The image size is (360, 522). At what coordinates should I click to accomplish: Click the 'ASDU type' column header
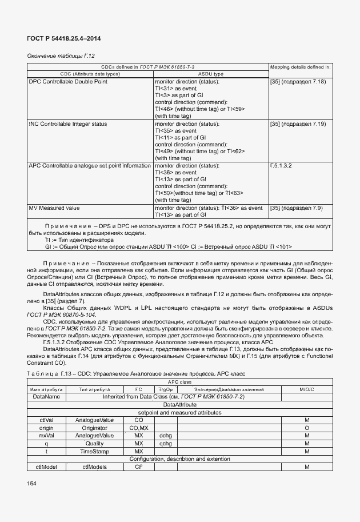coord(210,74)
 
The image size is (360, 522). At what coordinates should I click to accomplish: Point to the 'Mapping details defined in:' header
coord(300,67)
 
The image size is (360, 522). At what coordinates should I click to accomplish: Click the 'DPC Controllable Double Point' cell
coord(68,82)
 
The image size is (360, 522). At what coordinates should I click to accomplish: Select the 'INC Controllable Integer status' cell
coord(67,123)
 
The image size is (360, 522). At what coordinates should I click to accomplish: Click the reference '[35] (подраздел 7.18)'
coord(298,82)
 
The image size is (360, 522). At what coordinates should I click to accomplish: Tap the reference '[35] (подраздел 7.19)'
coord(298,123)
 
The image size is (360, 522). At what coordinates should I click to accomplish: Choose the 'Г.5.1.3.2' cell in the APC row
coord(281,165)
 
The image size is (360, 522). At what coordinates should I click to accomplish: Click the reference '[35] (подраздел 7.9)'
coord(296,208)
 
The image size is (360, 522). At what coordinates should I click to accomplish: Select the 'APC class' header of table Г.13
coord(180,382)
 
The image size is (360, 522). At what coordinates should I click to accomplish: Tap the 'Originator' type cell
coord(94,428)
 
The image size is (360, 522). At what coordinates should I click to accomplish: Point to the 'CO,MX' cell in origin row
coord(138,428)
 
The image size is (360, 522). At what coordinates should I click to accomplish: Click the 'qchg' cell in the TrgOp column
coord(166,443)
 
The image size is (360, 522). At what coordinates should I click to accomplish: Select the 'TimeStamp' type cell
coord(94,451)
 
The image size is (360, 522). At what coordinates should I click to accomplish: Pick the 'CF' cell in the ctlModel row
coord(138,467)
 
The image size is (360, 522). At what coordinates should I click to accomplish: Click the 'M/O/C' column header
coord(307,389)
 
